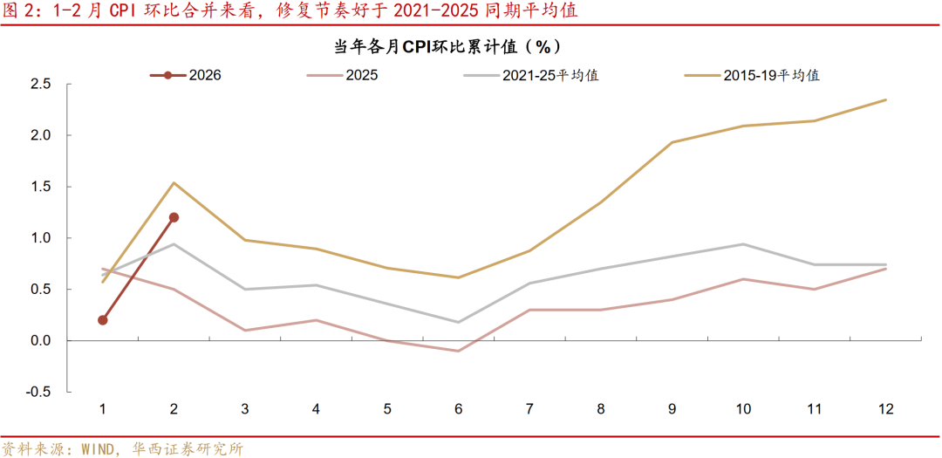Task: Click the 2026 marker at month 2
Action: coord(174,217)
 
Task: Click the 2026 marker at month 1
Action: coord(103,320)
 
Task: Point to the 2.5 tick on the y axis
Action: coord(41,85)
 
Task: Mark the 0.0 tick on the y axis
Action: coord(41,340)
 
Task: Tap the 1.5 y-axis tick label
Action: coord(41,187)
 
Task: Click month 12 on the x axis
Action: coord(885,409)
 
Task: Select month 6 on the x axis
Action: coord(458,409)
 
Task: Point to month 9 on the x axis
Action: coord(672,409)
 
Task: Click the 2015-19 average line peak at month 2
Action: coord(174,183)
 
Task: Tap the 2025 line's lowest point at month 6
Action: coord(458,351)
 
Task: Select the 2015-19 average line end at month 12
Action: coord(885,99)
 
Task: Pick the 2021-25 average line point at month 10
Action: coord(743,244)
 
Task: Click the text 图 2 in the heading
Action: coord(20,12)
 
